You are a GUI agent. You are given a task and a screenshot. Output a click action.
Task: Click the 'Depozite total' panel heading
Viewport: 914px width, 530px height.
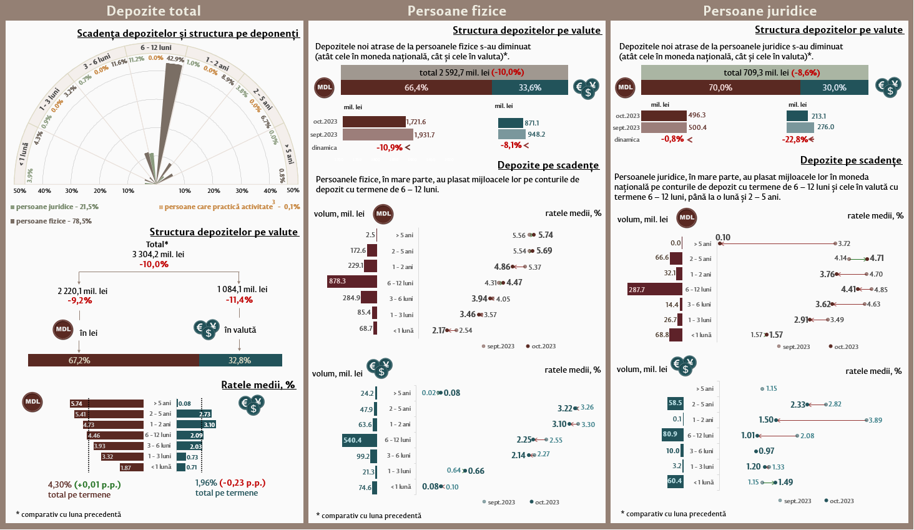[x=154, y=11]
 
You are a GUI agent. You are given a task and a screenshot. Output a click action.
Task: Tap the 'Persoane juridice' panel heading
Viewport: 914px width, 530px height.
[x=759, y=11]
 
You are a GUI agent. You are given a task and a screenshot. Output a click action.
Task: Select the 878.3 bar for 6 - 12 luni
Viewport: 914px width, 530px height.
[x=352, y=282]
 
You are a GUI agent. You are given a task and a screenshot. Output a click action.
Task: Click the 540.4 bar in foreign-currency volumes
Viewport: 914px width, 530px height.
[x=360, y=440]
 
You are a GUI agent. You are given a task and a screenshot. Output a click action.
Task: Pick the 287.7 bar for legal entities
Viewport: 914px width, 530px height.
[x=655, y=290]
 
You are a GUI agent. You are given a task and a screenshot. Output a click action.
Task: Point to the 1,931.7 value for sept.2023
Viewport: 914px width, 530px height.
[x=425, y=135]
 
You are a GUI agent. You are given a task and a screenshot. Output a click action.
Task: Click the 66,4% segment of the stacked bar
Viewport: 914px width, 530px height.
[x=416, y=88]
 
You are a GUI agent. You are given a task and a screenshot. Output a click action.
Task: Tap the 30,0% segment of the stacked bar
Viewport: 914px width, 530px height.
[x=834, y=87]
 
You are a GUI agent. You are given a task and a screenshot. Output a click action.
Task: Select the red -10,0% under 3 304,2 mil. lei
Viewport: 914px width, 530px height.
[x=154, y=265]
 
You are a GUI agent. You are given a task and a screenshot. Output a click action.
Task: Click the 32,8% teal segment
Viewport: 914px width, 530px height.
[x=240, y=360]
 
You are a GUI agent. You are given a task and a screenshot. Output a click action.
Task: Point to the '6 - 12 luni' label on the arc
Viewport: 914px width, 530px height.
[x=156, y=47]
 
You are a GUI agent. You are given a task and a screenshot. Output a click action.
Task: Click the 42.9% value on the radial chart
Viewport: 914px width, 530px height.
[x=175, y=59]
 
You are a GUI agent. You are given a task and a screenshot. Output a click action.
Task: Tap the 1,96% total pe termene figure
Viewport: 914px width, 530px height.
[x=206, y=483]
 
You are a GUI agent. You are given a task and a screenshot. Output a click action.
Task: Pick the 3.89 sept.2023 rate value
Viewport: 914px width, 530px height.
[x=875, y=421]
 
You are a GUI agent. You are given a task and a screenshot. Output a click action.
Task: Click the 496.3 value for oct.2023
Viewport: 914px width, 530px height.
[x=697, y=115]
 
